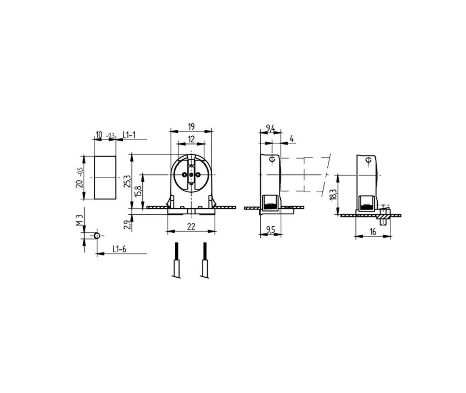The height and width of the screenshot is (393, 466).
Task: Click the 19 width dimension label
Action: point(191,127)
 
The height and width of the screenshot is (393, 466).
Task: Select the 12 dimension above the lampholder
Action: point(191,139)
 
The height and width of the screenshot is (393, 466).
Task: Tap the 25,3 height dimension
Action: point(127,181)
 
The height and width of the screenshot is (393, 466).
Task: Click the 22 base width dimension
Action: point(191,226)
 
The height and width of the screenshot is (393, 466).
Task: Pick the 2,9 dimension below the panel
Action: point(127,225)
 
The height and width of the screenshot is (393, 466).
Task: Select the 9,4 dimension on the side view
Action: point(270,128)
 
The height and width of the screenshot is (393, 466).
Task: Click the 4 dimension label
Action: point(292,139)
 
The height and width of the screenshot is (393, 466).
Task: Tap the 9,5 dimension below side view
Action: point(270,230)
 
